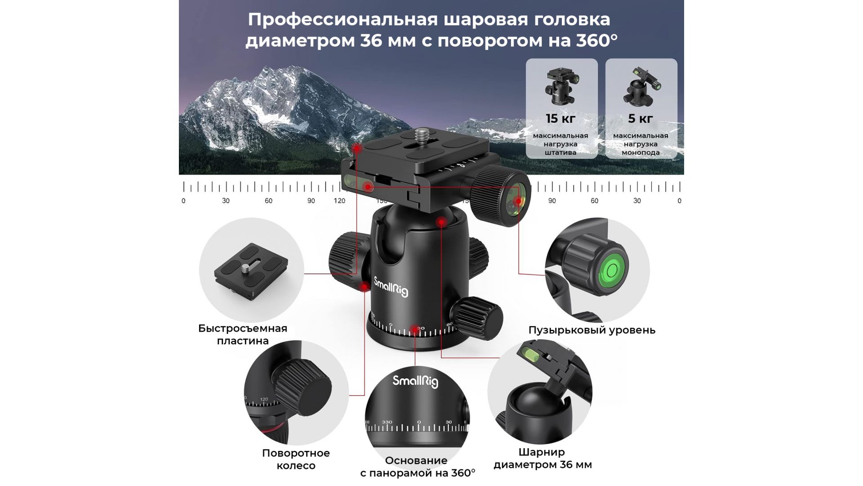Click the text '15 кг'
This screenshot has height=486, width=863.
[x=561, y=119]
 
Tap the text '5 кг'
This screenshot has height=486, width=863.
[x=640, y=119]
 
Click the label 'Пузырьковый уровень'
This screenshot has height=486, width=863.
[x=592, y=330]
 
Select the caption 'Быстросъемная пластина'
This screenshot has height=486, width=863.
[x=243, y=334]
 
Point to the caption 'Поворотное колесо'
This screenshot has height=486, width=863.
[x=296, y=459]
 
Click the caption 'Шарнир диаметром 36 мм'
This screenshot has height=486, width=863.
[x=543, y=458]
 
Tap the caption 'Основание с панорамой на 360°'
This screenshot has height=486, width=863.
[x=418, y=467]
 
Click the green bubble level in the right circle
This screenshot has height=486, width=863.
[x=612, y=271]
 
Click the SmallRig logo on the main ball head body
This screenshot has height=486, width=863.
[x=391, y=286]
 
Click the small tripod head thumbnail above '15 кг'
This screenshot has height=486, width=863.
[x=561, y=87]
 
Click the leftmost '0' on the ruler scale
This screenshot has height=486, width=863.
[x=183, y=201]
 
